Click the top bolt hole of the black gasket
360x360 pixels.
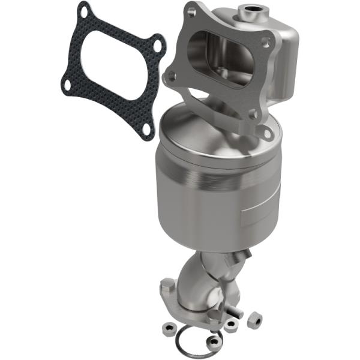click(86, 10)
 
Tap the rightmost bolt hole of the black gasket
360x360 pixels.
click(157, 45)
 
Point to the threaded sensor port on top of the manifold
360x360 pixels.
click(245, 10)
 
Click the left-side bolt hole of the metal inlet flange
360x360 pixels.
click(172, 76)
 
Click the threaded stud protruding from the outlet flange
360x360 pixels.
click(235, 311)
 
